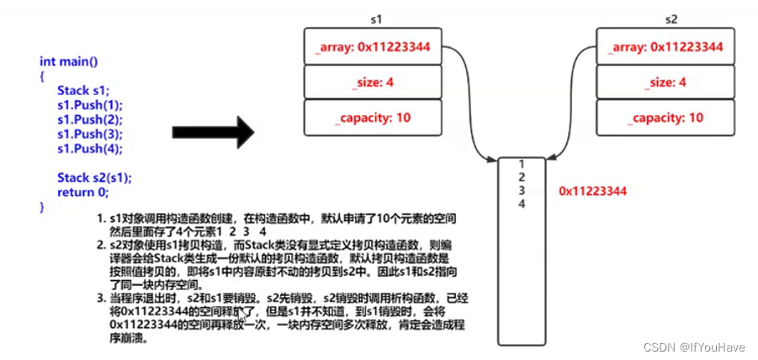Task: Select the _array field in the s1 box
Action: pos(374,47)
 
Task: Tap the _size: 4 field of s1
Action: pos(374,82)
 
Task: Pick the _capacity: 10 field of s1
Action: pos(374,117)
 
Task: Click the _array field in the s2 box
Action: pos(665,47)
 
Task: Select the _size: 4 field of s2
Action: pos(665,82)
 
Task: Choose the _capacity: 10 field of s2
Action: pos(665,117)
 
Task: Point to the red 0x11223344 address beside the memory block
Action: pos(593,192)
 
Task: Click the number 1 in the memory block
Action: pos(522,164)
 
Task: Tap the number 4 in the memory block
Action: pos(522,204)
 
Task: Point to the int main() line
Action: pos(69,61)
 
